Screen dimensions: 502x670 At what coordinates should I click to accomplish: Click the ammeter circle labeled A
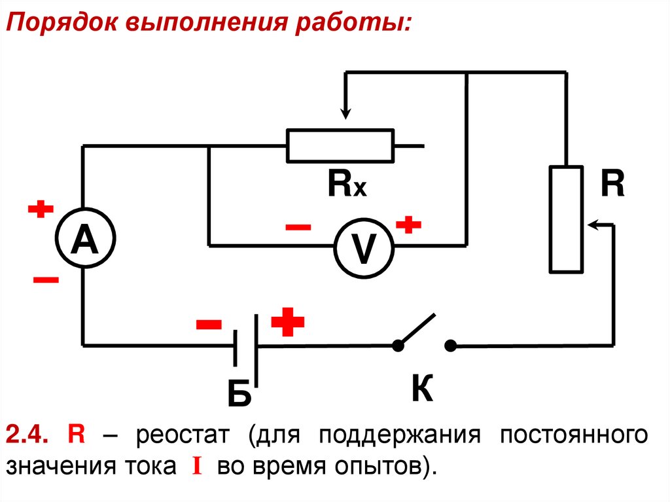coord(83,239)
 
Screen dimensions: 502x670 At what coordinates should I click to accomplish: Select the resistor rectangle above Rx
coord(340,145)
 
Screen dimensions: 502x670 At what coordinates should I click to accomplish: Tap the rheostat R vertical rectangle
coord(566,219)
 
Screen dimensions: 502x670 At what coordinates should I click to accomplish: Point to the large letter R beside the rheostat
coord(613,185)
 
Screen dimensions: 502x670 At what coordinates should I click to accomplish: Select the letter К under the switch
coord(423,390)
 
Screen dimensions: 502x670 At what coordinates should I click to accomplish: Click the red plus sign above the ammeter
coord(40,211)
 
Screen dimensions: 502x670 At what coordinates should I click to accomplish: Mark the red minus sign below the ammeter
coord(45,280)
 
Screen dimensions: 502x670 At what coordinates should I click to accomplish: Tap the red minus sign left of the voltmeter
coord(298,227)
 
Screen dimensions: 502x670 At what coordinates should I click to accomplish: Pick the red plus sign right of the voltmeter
coord(408,226)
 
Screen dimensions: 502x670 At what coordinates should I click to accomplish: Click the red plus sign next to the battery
coord(288,323)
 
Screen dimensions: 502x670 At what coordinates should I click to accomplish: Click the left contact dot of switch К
coord(397,346)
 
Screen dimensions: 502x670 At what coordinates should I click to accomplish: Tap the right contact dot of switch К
coord(450,346)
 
